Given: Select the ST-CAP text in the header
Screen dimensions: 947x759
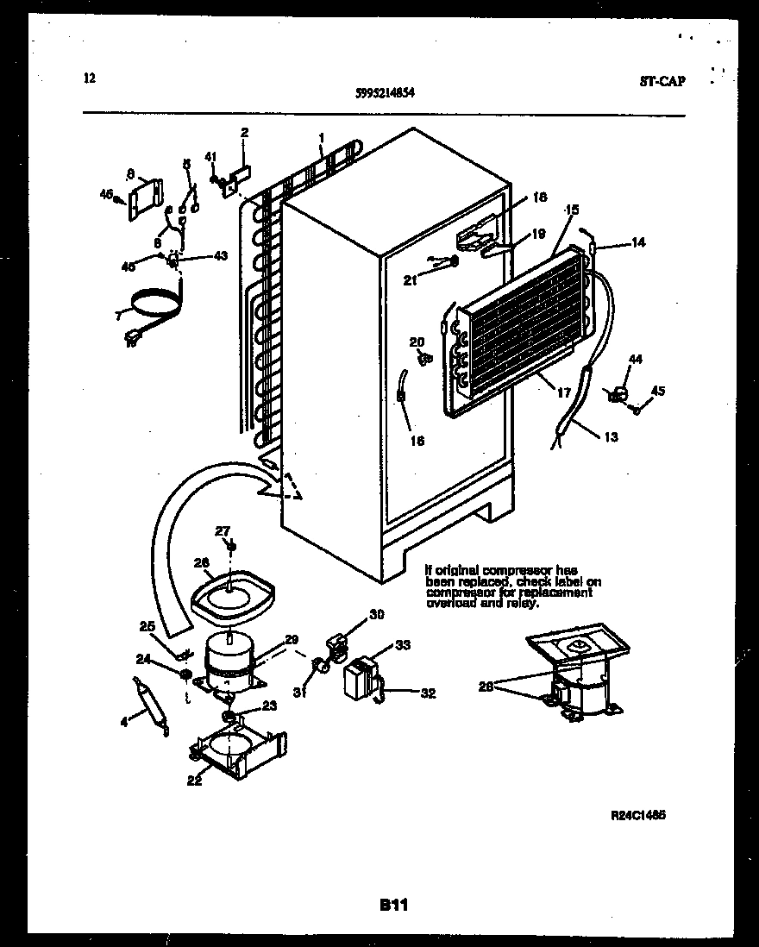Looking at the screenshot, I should [x=662, y=82].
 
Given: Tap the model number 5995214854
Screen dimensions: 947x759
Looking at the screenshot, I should [x=386, y=97].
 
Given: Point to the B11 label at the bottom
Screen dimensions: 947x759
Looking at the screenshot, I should [x=392, y=905].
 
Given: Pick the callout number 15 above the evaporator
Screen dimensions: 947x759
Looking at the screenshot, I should [x=572, y=210].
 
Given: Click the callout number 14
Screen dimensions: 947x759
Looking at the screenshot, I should [x=638, y=243].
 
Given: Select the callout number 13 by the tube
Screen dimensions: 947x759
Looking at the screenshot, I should [x=610, y=437].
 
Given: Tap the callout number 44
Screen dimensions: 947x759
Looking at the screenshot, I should [x=636, y=358].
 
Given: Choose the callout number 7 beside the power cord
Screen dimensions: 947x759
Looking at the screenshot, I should [x=118, y=316].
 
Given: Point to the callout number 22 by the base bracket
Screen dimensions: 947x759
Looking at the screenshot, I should [x=194, y=781].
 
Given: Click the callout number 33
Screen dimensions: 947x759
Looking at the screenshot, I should [x=403, y=644].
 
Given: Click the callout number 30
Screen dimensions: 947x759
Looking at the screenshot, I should [x=376, y=614].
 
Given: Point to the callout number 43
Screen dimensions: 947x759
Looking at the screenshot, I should [x=221, y=256].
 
